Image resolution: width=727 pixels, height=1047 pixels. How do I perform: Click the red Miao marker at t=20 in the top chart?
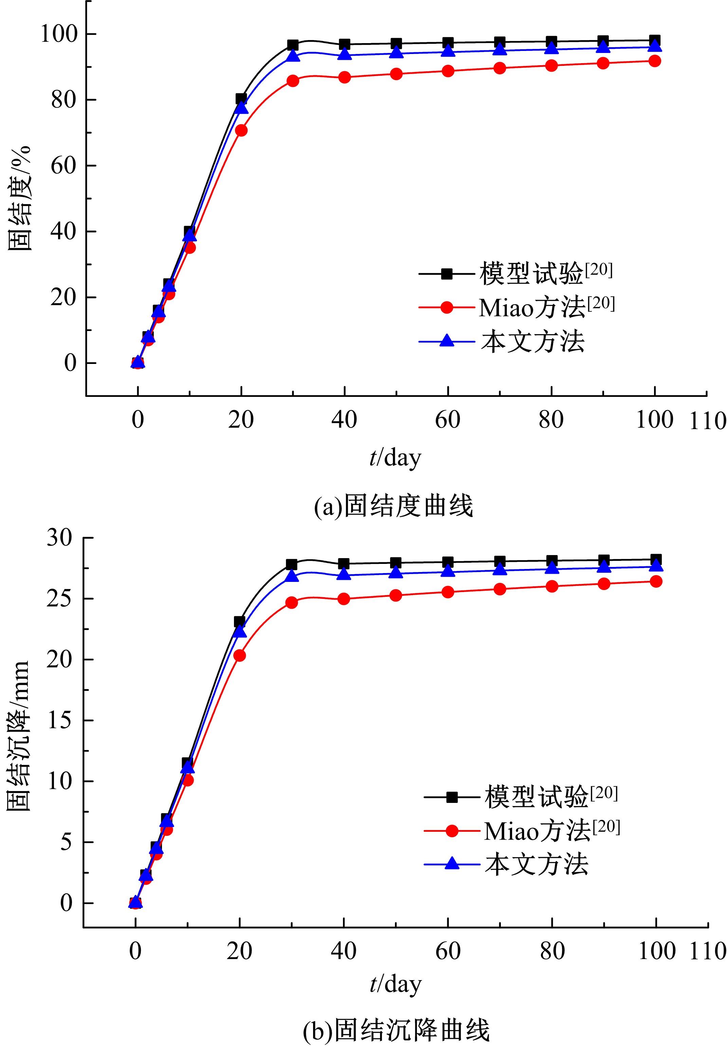(241, 130)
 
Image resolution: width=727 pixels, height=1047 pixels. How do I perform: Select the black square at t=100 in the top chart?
(655, 40)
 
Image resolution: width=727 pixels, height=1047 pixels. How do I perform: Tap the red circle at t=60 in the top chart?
(448, 71)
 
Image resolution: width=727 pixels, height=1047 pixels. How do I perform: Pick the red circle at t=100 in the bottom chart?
(655, 581)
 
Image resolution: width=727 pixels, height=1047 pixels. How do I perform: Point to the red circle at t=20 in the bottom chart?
(240, 655)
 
